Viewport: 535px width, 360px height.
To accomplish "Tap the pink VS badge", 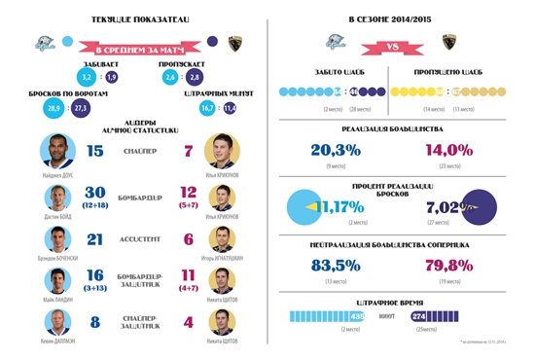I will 395,43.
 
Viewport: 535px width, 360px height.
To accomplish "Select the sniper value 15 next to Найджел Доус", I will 94,151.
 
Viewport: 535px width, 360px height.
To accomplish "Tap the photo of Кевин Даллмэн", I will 57,323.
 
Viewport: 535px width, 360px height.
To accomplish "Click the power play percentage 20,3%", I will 336,150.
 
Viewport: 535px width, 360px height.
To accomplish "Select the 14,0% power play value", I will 448,150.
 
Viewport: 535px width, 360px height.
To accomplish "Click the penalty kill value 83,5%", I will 336,265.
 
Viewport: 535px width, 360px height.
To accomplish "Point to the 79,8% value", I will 448,265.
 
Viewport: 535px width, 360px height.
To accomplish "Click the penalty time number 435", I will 357,316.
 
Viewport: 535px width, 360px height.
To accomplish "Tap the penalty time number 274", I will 420,316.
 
